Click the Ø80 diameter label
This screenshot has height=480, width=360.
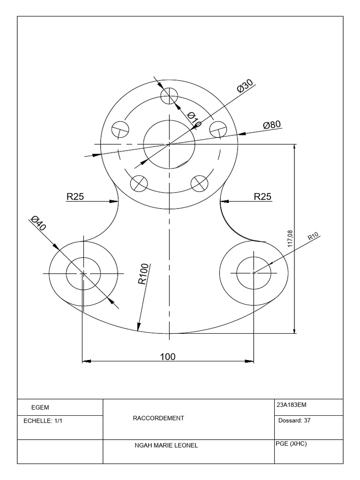tap(272, 125)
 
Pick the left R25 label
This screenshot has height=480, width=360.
tap(75, 197)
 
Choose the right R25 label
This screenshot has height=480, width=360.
tap(262, 197)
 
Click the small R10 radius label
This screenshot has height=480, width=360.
tap(313, 237)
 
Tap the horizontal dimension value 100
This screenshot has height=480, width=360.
tap(167, 357)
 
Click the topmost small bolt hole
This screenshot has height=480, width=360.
tap(170, 96)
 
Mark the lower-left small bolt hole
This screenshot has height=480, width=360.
tap(139, 182)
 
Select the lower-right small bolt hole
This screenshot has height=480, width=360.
tap(199, 182)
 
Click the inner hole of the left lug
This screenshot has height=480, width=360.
tap(83, 273)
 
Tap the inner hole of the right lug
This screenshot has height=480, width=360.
tap(254, 273)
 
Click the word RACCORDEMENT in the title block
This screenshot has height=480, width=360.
tap(159, 418)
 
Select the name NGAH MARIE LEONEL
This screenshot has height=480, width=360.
tap(166, 446)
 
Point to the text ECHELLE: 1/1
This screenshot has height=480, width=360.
tap(43, 421)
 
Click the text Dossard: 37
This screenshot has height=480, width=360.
tap(294, 420)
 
